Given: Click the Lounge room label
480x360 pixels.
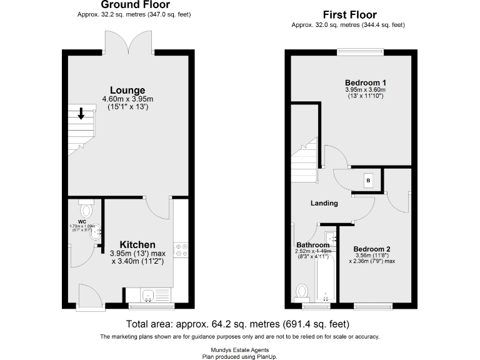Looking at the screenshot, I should tap(127, 90).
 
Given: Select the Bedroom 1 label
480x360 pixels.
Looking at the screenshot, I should tap(366, 82).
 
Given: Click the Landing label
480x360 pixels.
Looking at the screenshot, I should tap(324, 203).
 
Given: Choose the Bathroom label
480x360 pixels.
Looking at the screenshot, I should tap(312, 244).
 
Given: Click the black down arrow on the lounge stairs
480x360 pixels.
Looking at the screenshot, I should tap(81, 114).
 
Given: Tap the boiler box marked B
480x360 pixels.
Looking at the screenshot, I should tap(368, 181).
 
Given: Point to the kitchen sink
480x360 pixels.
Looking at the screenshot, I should tap(149, 296).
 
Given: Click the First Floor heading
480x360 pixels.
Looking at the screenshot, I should tap(349, 14).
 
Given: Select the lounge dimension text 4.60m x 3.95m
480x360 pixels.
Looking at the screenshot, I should tap(127, 99).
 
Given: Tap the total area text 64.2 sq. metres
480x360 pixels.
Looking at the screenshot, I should tap(237, 324).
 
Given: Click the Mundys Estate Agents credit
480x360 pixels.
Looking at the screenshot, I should tap(239, 351).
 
